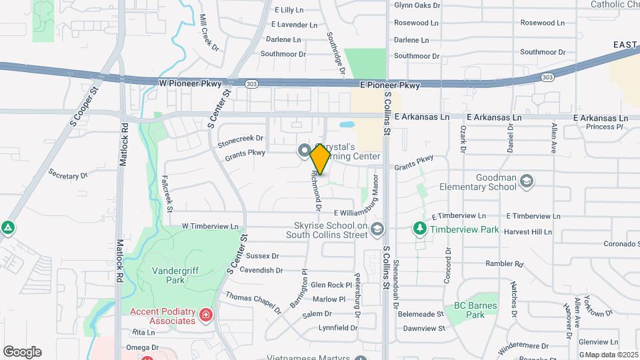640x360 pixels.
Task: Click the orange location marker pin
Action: tap(321, 159)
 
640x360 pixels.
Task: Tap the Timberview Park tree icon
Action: tap(419, 229)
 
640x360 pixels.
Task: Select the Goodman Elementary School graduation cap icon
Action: tap(527, 180)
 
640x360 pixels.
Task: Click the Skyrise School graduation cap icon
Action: tap(377, 229)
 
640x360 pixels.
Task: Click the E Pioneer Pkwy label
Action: tap(390, 85)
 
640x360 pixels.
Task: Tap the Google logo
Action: tap(22, 351)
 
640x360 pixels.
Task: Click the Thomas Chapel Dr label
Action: tap(253, 303)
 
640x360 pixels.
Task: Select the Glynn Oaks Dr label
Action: tap(417, 5)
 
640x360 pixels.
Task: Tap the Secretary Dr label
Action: tap(68, 174)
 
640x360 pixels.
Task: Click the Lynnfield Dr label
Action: tap(338, 327)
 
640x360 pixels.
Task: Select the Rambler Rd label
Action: tap(503, 263)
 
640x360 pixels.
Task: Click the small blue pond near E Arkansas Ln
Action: tap(347, 125)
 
